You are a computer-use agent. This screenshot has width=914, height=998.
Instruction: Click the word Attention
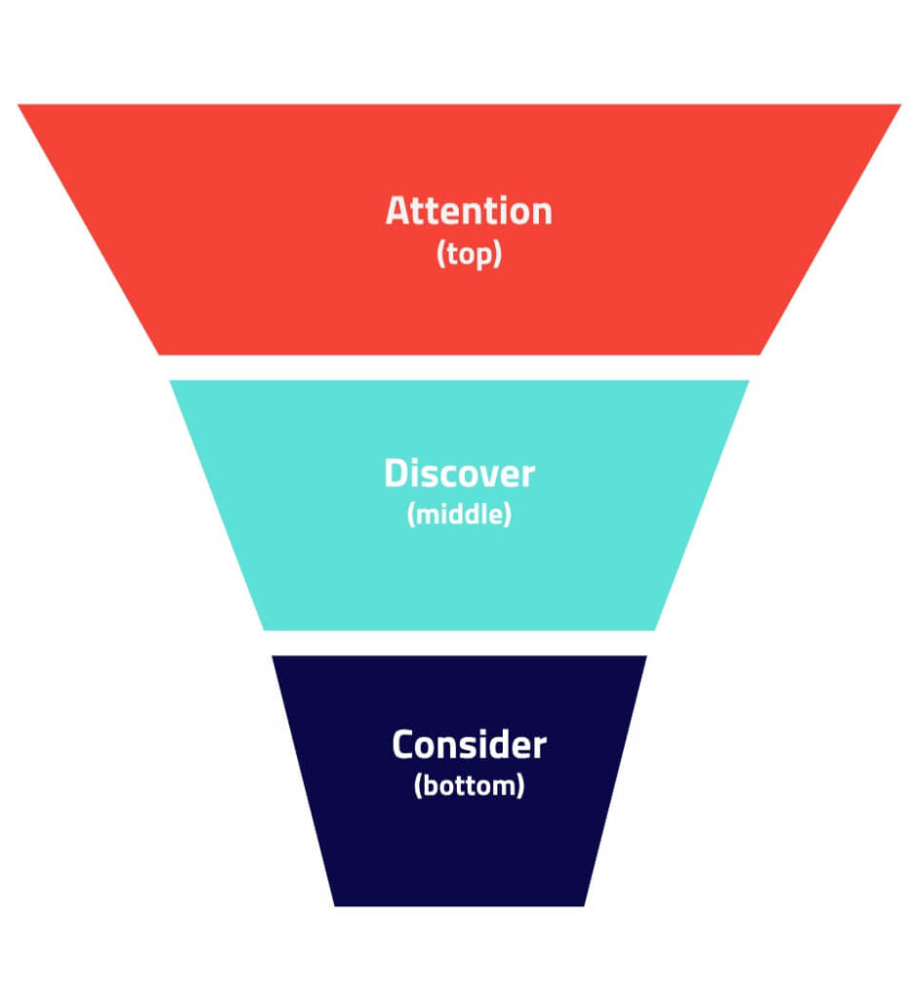pos(469,211)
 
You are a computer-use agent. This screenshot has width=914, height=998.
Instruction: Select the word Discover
pos(459,475)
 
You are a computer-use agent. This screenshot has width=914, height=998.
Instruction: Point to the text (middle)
pos(459,515)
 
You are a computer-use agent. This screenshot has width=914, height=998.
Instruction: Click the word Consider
pos(470,747)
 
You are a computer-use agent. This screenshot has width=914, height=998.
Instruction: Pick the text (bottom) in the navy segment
pos(470,786)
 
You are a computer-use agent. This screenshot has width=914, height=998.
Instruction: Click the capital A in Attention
pos(398,211)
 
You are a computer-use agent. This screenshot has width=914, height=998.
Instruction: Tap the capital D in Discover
pos(395,475)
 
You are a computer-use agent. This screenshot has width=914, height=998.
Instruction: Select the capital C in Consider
pos(403,747)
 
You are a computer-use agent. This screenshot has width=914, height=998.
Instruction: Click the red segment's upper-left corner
pos(19,105)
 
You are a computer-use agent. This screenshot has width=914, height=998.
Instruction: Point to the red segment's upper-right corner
pos(899,105)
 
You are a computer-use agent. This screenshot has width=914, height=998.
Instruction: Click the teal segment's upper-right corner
pos(748,381)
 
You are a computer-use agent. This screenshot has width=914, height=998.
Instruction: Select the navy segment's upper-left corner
pos(273,656)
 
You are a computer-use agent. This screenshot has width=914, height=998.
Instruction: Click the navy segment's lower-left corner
pos(335,905)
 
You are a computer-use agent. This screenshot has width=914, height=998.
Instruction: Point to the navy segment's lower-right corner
pos(585,905)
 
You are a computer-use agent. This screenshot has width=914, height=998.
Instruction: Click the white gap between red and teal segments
pos(459,367)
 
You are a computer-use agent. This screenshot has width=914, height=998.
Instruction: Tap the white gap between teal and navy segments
pos(459,643)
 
